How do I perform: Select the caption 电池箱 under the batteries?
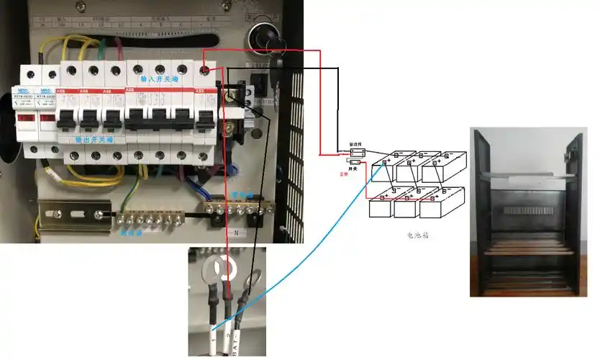419,235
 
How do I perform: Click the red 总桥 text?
344,174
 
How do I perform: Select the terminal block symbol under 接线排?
358,152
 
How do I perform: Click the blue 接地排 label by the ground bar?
132,232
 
